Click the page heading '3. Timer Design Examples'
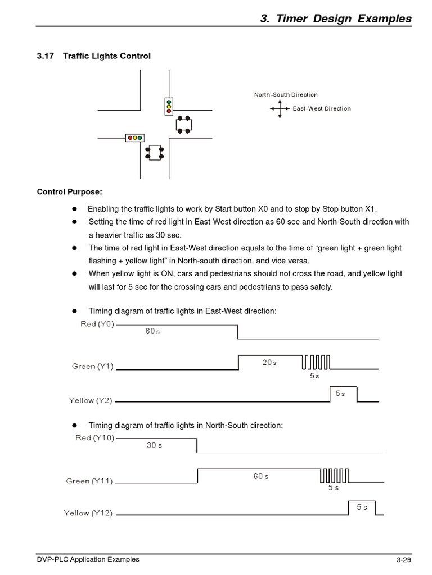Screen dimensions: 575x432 point(336,19)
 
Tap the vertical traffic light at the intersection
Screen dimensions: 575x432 point(169,106)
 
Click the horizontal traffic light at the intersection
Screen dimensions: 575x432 point(135,138)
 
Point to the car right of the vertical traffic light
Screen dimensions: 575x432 point(184,125)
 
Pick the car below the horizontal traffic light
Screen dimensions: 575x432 point(154,153)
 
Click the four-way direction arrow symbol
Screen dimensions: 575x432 point(280,108)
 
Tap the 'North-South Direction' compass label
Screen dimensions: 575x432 point(286,95)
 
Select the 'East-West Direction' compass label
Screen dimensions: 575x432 point(322,108)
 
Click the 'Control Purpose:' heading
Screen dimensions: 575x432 point(70,192)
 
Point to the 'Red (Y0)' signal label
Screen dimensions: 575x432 point(97,324)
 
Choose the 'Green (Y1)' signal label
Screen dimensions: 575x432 point(93,366)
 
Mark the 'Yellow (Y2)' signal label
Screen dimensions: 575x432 point(91,400)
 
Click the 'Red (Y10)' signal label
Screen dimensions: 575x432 point(94,438)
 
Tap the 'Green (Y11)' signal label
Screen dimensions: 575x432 point(89,481)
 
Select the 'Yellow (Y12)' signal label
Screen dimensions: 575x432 point(88,513)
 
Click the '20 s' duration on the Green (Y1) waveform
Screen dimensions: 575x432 point(269,363)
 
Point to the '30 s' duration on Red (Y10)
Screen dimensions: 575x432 point(155,445)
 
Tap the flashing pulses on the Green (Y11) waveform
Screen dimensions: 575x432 point(335,476)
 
